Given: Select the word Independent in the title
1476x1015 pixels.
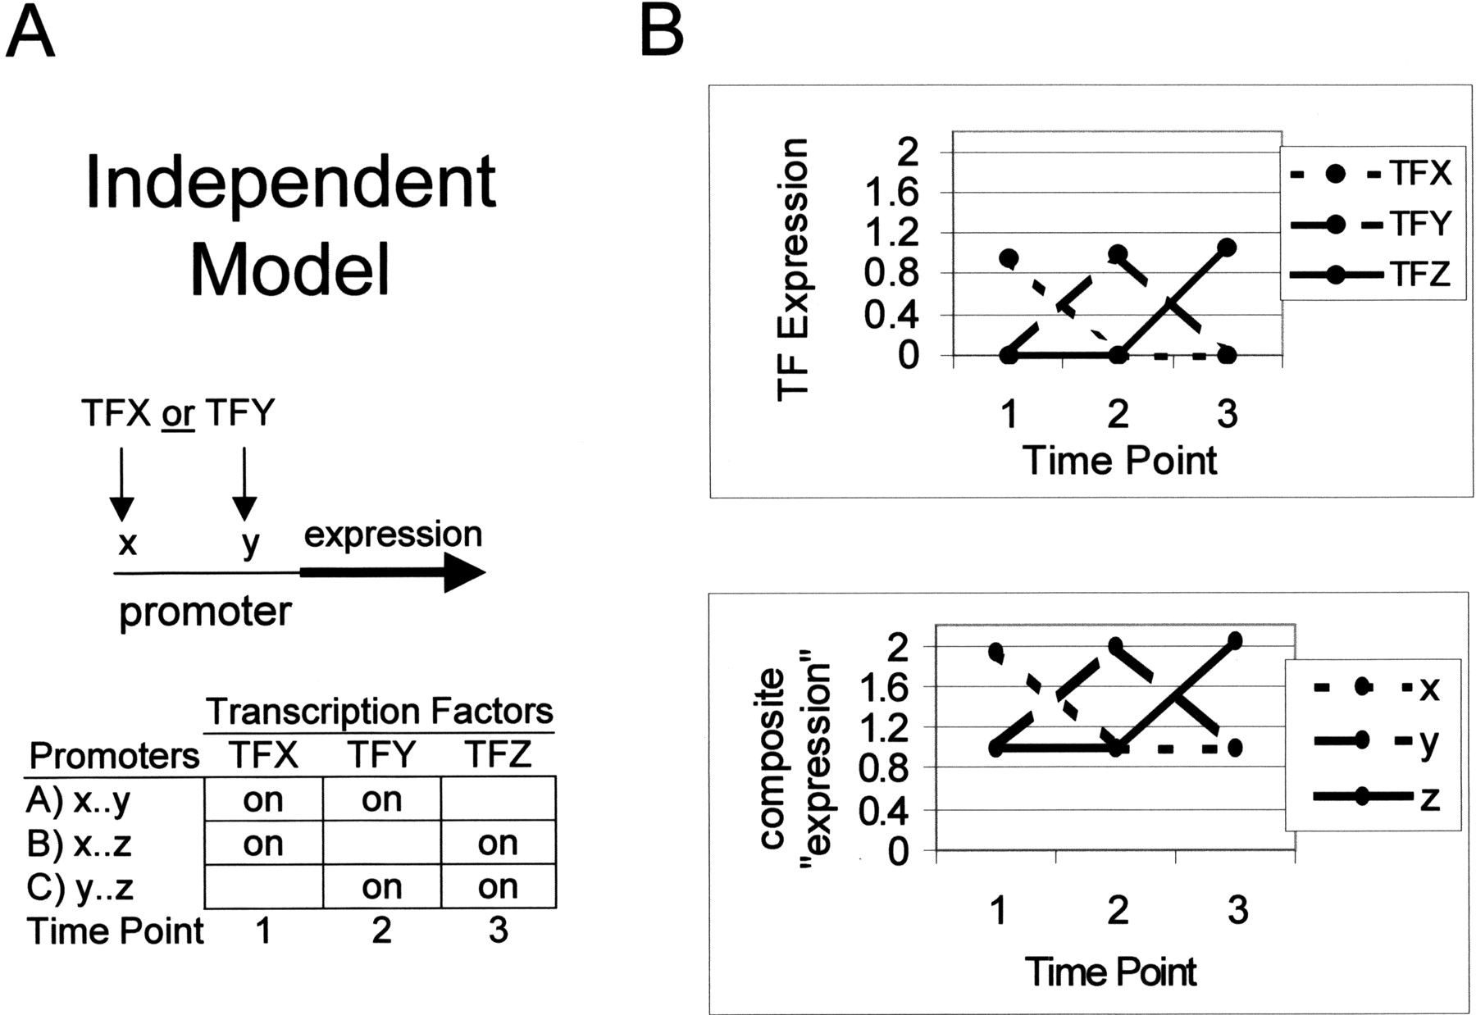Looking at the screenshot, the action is point(291,183).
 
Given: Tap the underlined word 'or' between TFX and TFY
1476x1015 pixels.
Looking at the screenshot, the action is point(177,413).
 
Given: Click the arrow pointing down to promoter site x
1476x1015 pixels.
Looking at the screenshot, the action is point(121,484).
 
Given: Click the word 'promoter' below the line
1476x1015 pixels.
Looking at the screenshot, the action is point(205,612).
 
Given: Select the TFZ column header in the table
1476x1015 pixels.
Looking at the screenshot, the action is point(498,754).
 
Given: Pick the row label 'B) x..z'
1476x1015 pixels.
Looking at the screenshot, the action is point(79,844).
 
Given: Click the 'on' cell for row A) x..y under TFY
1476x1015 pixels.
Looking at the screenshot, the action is point(381,799).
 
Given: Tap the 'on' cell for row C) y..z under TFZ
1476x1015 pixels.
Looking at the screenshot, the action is point(498,886).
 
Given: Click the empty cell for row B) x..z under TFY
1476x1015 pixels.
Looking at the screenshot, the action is point(382,843).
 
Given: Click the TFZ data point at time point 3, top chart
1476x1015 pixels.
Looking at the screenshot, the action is point(1227,248).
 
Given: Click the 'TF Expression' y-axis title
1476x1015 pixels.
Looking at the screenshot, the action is point(792,269).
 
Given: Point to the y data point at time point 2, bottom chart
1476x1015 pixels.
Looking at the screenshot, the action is point(1117,646).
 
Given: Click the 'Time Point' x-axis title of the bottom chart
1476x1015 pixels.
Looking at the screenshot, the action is point(1110,972).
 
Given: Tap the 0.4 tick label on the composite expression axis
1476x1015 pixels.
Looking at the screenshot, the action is point(884,812).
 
